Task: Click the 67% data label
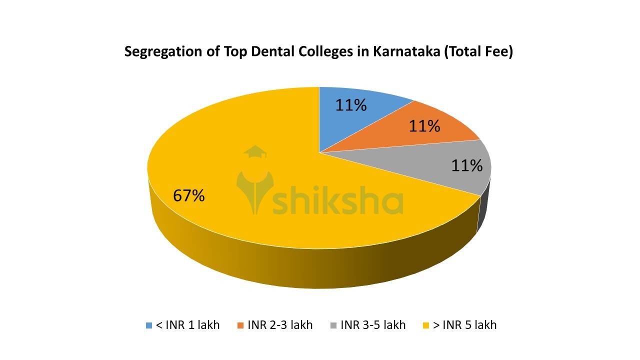click(x=189, y=195)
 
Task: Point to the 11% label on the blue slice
click(x=351, y=105)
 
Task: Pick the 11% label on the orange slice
click(x=424, y=126)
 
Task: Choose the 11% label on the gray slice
click(x=467, y=165)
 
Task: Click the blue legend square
click(x=149, y=325)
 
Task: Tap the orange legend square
click(x=240, y=325)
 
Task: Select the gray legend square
click(x=333, y=325)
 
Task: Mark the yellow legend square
click(x=426, y=325)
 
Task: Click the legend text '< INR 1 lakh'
click(x=187, y=325)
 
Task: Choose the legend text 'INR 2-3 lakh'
click(x=280, y=325)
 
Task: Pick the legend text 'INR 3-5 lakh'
click(x=373, y=325)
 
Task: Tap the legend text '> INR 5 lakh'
click(x=465, y=325)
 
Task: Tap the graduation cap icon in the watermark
click(x=255, y=151)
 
